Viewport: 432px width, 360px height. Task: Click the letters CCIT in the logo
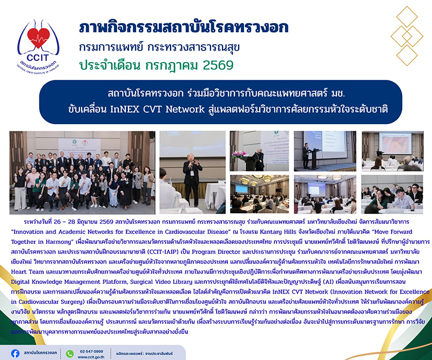pyautogui.click(x=38, y=58)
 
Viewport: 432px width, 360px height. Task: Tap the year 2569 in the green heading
pyautogui.click(x=218, y=65)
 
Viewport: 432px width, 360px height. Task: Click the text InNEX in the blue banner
pyautogui.click(x=125, y=110)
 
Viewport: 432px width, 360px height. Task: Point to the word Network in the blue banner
pyautogui.click(x=185, y=110)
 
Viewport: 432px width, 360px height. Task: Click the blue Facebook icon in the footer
pyautogui.click(x=15, y=354)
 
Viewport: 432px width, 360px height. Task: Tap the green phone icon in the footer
pyautogui.click(x=70, y=354)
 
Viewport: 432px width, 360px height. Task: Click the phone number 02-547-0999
pyautogui.click(x=91, y=351)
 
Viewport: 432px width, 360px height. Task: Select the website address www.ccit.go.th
pyautogui.click(x=91, y=357)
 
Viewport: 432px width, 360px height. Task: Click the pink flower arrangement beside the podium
pyautogui.click(x=238, y=155)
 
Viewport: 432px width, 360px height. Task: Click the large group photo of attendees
pyautogui.click(x=83, y=173)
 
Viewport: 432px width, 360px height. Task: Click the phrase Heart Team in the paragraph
pyautogui.click(x=28, y=271)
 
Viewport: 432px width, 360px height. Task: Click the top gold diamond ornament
pyautogui.click(x=407, y=17)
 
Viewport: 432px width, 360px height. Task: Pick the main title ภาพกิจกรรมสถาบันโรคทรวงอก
pyautogui.click(x=184, y=28)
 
